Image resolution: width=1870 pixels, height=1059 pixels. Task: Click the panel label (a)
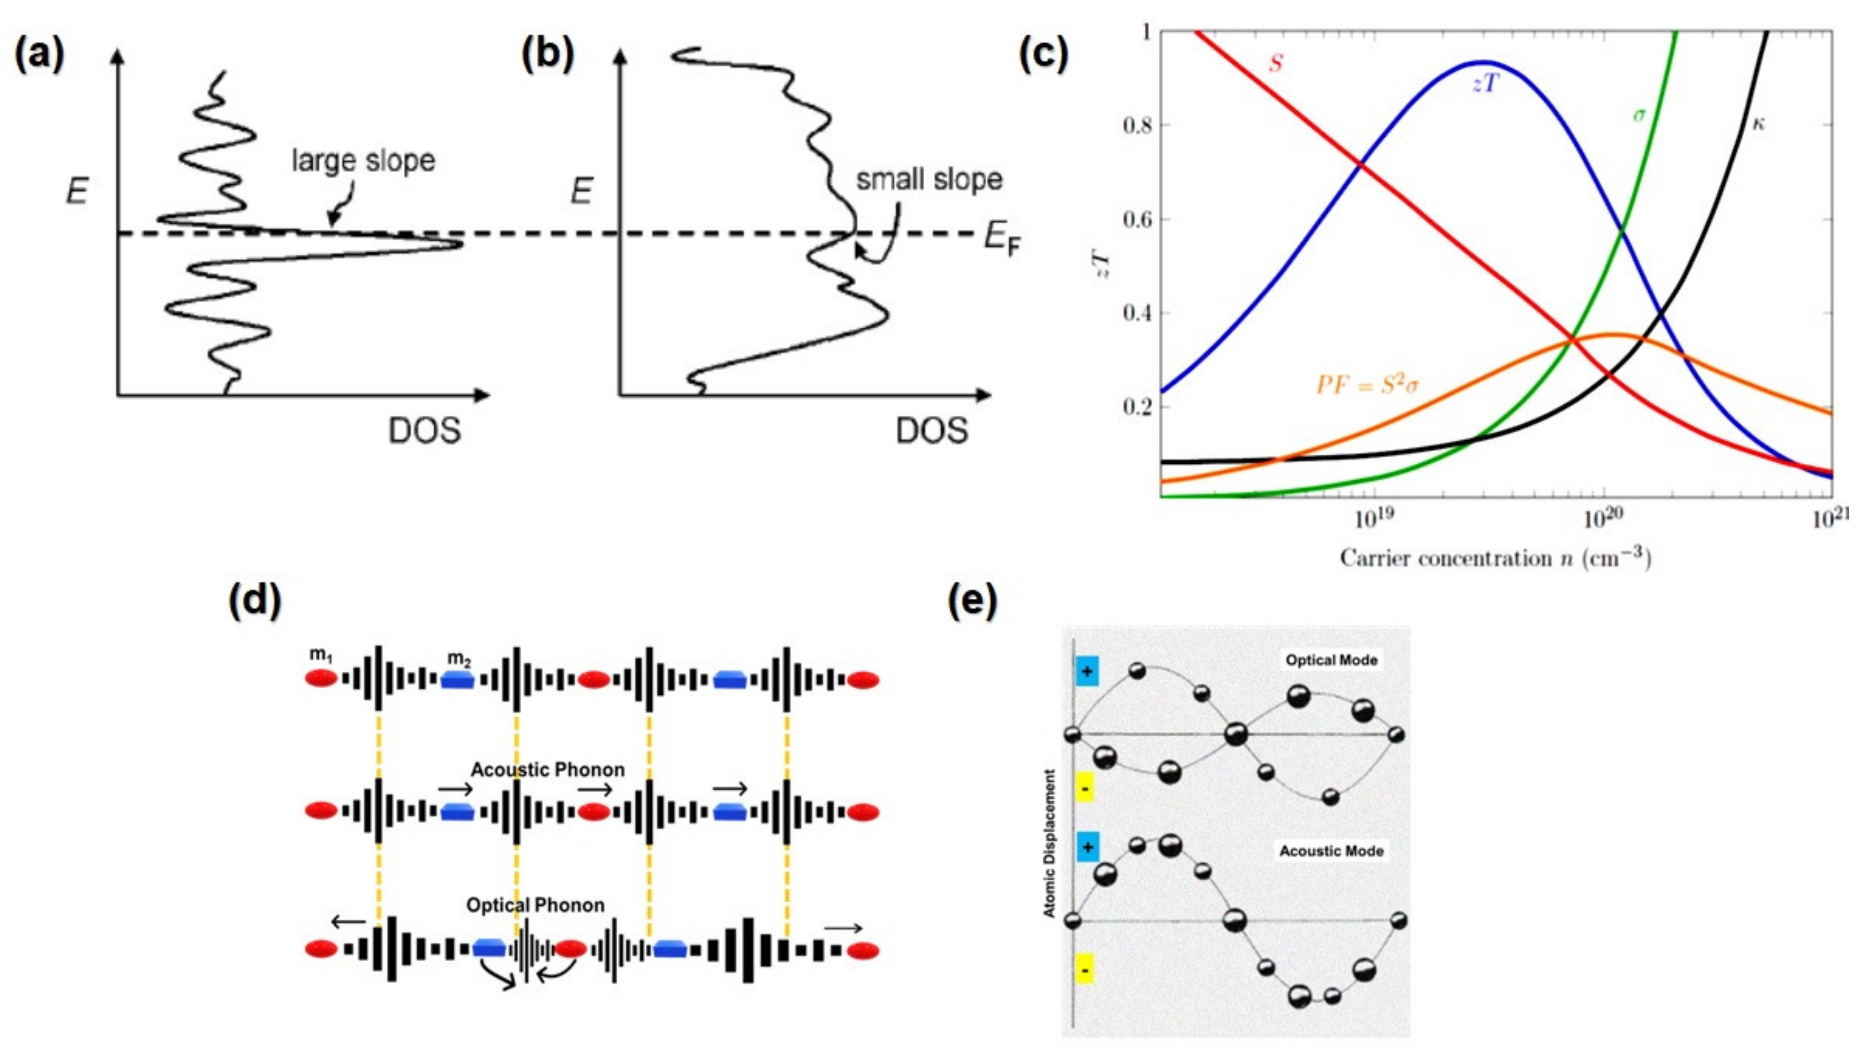point(40,55)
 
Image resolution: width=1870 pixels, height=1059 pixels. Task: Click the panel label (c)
point(1044,55)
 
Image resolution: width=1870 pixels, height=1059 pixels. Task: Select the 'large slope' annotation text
point(363,160)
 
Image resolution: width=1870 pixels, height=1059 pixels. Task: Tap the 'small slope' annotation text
point(929,179)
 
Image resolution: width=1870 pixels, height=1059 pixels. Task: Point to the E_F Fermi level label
point(1002,239)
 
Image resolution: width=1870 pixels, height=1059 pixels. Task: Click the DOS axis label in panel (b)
point(932,431)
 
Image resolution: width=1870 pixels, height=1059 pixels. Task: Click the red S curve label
point(1275,63)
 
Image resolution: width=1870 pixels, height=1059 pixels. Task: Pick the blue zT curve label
point(1485,84)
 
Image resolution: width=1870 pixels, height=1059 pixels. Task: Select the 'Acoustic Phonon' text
point(547,769)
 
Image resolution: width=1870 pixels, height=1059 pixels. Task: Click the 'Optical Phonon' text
point(535,905)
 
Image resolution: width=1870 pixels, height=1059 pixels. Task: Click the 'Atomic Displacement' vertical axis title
point(1049,844)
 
